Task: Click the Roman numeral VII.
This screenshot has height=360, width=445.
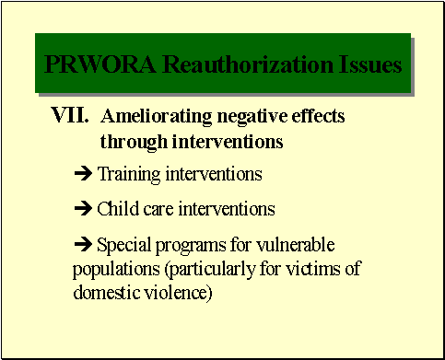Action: [70, 118]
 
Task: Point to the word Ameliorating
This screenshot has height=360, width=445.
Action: [157, 118]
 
